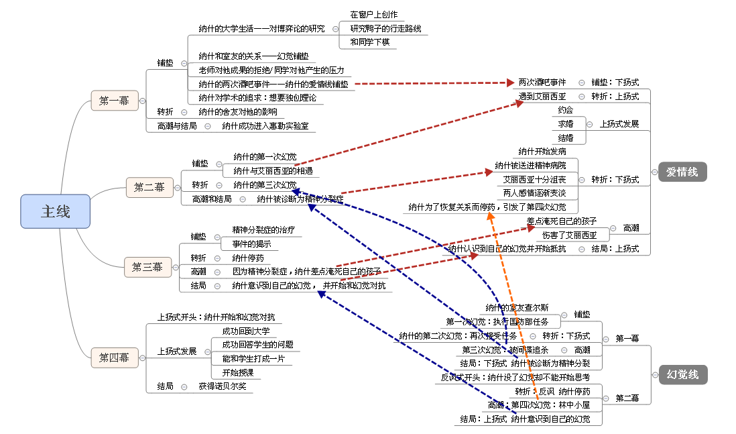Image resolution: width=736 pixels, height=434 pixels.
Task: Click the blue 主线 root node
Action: pos(55,211)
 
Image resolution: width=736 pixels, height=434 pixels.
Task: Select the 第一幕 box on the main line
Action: pos(114,101)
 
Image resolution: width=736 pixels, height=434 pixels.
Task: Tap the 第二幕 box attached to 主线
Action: pos(149,187)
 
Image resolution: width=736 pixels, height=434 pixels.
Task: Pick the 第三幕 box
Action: pos(147,267)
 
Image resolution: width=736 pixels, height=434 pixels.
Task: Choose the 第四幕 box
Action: pos(114,358)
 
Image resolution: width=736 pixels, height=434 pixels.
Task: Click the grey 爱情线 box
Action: pos(682,172)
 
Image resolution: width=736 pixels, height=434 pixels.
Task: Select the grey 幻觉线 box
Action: pos(682,374)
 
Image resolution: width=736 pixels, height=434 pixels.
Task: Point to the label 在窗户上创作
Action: pos(373,14)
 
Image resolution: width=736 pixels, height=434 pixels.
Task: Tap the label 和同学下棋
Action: pos(369,42)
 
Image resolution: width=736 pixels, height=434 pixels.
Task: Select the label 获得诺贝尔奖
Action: pos(223,386)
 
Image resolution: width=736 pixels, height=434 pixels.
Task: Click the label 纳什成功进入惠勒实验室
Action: pos(265,125)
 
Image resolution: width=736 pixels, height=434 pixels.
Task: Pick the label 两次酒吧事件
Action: pos(542,82)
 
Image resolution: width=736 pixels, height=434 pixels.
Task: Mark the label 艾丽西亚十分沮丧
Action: pos(534,180)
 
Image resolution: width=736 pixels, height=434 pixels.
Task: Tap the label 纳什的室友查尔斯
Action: pos(522,307)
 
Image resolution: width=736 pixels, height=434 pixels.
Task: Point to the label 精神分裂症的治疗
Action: pos(262,229)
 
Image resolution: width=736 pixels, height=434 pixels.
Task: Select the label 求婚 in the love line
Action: pos(565,124)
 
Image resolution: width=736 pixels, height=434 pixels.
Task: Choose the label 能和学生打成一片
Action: pos(253,359)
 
